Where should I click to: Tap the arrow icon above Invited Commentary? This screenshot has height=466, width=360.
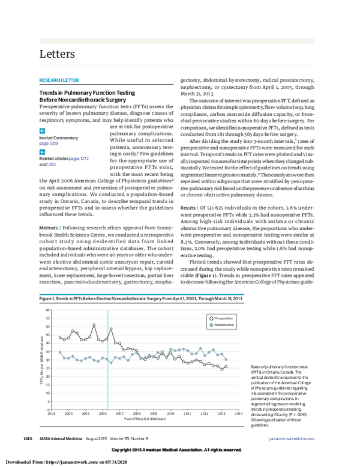tap(42, 130)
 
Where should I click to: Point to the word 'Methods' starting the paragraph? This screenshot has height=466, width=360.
tap(49, 212)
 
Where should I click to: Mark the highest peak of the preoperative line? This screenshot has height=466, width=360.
tap(94, 325)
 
